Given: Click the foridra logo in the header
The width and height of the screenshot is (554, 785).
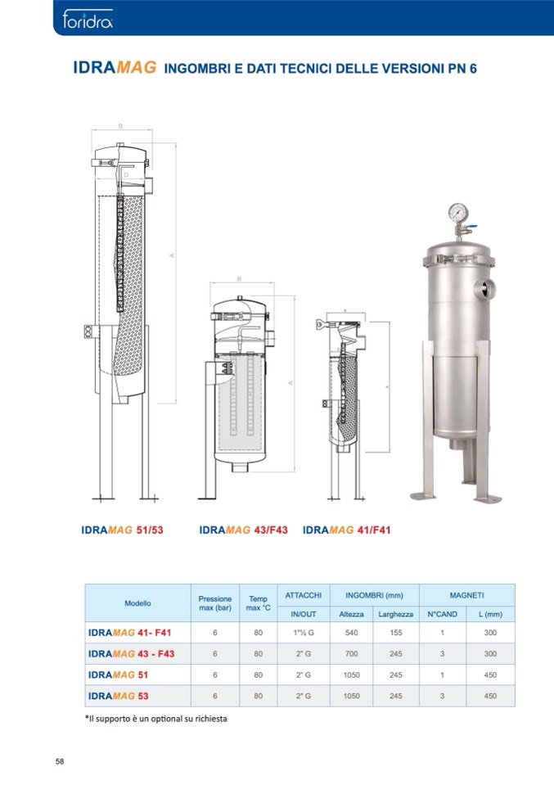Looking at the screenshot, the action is pyautogui.click(x=87, y=20).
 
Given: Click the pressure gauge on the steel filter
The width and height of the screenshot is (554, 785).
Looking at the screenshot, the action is pyautogui.click(x=458, y=212).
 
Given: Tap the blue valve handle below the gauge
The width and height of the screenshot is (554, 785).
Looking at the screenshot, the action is pyautogui.click(x=471, y=228).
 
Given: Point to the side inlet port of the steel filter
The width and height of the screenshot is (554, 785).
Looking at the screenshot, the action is pyautogui.click(x=485, y=288).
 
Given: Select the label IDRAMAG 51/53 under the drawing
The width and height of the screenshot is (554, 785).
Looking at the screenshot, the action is pyautogui.click(x=122, y=530).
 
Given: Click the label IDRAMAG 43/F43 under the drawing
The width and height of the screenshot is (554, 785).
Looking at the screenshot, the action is pyautogui.click(x=243, y=530).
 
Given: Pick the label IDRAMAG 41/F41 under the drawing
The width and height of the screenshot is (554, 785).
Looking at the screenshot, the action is pyautogui.click(x=346, y=530).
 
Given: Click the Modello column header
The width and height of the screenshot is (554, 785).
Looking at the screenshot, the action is pyautogui.click(x=137, y=603).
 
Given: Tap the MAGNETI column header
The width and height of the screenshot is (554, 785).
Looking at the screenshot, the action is pyautogui.click(x=467, y=595).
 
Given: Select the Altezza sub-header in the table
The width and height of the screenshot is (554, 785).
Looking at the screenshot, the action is pyautogui.click(x=351, y=614).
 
